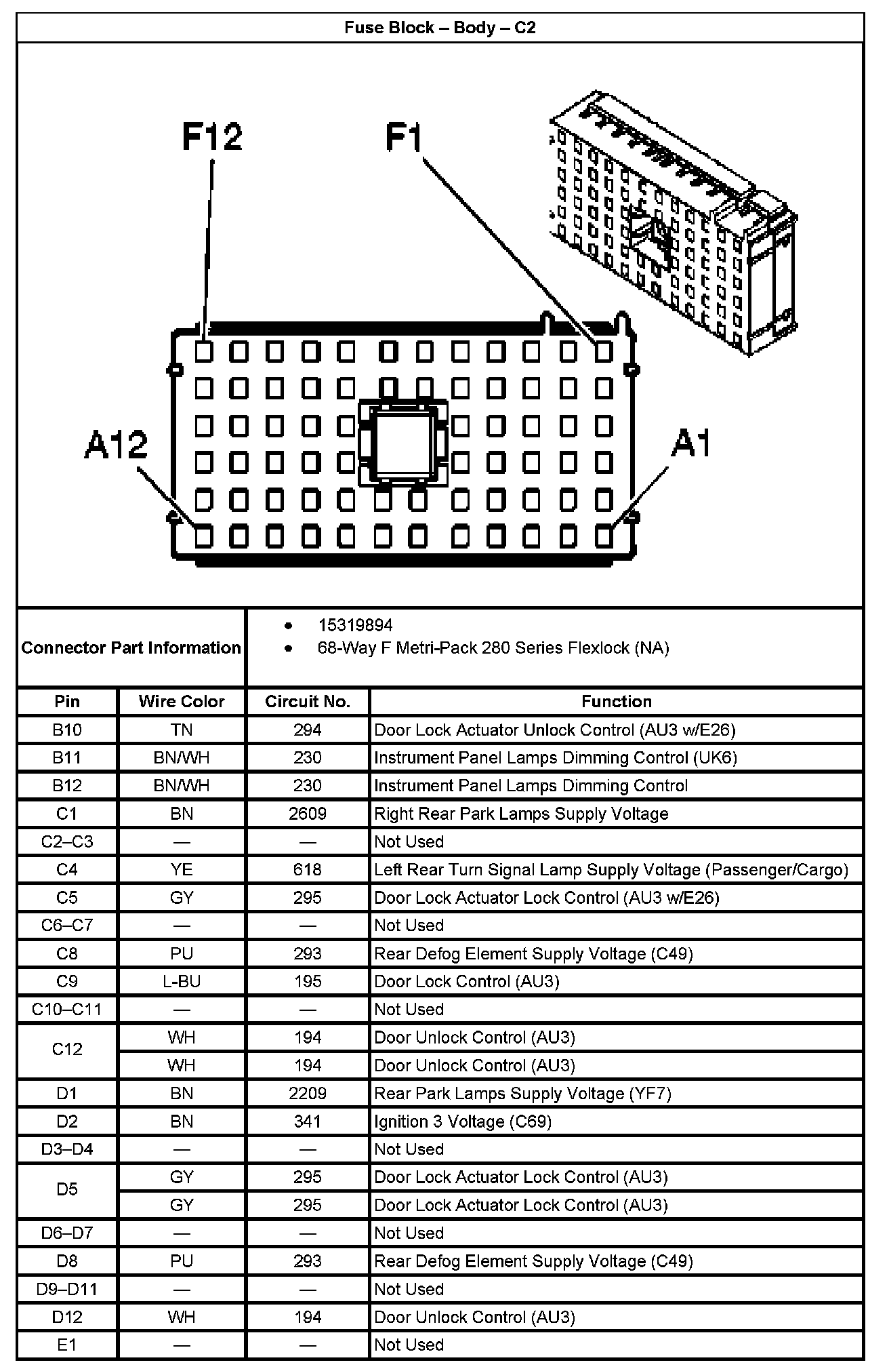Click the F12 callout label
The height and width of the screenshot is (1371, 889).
[x=212, y=137]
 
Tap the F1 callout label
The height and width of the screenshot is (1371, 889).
[x=404, y=137]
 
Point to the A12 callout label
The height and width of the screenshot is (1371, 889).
[x=116, y=445]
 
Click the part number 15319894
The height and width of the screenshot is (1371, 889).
[x=355, y=625]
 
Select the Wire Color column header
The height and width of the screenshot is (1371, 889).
[x=182, y=701]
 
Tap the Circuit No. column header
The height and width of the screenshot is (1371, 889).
[x=308, y=701]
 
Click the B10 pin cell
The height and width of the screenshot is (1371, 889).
[x=67, y=730]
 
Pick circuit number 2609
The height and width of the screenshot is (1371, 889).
[x=308, y=814]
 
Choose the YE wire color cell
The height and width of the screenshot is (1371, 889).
[x=182, y=869]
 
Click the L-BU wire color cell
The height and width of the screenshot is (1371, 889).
[x=182, y=981]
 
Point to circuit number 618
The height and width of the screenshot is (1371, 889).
[x=308, y=869]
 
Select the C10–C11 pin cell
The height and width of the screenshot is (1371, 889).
[x=67, y=1010]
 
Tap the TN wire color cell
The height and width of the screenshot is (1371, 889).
[x=182, y=730]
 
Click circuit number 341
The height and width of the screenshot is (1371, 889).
[x=308, y=1121]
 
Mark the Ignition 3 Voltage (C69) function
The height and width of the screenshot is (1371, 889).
[x=463, y=1121]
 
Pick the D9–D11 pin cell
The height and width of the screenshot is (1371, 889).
[x=67, y=1289]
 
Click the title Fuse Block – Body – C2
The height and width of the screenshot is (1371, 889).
[x=440, y=28]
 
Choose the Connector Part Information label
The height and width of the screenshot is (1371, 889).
[x=131, y=648]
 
